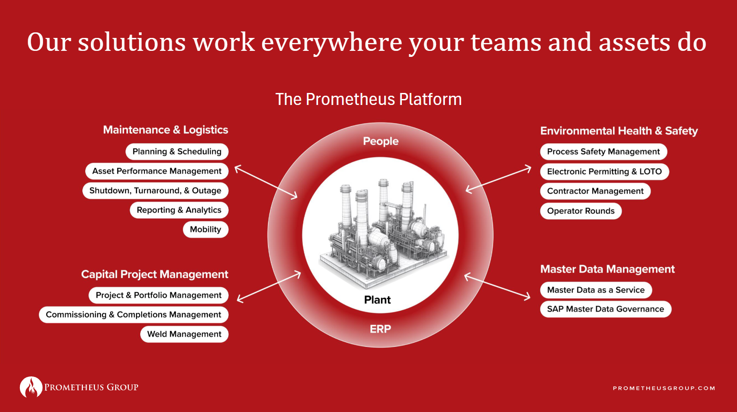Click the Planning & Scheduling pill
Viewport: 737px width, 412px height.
177,152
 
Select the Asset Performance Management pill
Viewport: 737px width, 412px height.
156,171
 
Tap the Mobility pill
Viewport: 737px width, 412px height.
206,229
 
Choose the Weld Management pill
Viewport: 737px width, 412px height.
184,334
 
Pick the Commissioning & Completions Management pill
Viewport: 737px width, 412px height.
133,314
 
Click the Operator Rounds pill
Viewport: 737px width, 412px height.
581,211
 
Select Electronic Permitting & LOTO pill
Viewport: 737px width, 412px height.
604,172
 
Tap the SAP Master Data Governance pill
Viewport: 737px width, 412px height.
605,309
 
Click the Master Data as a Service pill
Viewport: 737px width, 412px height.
595,290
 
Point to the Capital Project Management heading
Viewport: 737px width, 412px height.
155,274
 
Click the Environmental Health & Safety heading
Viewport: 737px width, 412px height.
618,131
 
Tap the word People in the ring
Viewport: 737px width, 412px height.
381,141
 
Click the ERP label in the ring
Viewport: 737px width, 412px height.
380,329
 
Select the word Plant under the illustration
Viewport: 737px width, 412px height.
377,300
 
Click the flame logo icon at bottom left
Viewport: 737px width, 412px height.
31,387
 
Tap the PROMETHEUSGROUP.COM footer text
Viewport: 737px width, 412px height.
664,388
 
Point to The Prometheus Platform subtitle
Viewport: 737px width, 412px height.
368,99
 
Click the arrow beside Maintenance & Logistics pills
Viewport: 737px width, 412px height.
266,182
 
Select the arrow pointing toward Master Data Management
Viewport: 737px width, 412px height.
497,287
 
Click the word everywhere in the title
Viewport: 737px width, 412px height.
331,43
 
